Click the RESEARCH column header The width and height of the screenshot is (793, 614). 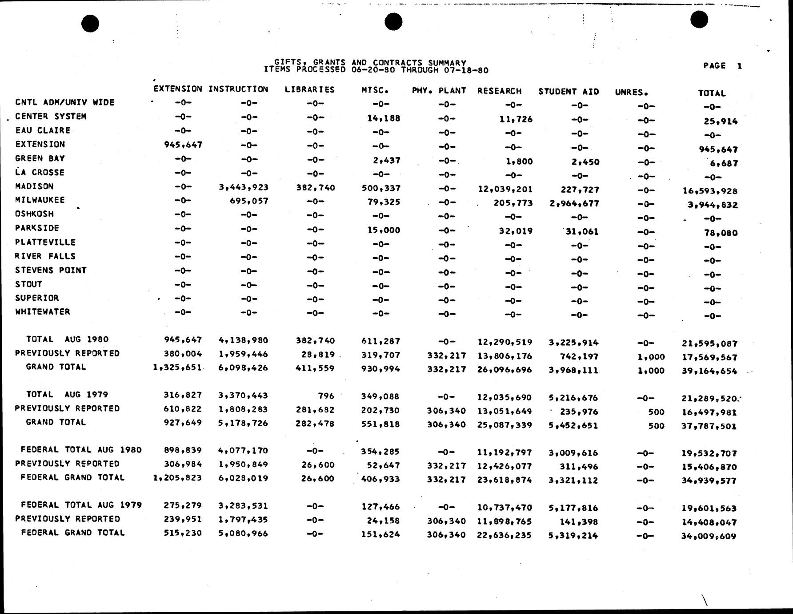coord(499,91)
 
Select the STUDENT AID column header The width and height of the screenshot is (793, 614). coord(569,92)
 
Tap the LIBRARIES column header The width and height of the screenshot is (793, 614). coord(309,89)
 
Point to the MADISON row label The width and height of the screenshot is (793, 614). coord(34,186)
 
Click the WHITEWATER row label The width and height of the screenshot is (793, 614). coord(43,312)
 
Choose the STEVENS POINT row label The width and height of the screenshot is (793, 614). coord(51,270)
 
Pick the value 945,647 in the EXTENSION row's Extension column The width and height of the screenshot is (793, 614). coord(183,145)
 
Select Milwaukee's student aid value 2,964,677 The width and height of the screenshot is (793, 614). coord(574,204)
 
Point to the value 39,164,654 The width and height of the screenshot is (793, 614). coord(709,371)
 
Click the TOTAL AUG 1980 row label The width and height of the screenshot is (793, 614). coord(67,339)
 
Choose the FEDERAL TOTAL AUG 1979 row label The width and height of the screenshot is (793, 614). coord(81,505)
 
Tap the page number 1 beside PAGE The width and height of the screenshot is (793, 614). coord(739,66)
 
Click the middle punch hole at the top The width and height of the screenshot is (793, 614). coord(393,21)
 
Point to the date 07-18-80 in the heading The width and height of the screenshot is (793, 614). coord(466,70)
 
